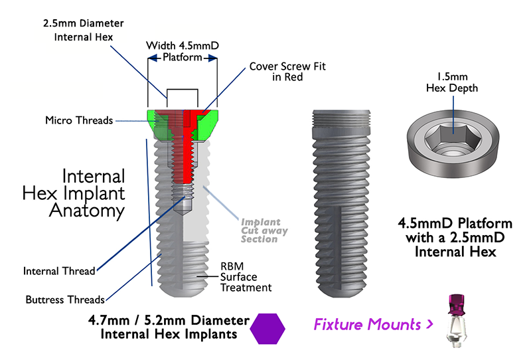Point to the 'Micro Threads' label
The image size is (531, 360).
pos(79,120)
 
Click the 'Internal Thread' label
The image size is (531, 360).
pos(59,271)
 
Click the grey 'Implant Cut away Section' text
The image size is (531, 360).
pos(260,230)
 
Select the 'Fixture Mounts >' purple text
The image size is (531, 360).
pos(374,325)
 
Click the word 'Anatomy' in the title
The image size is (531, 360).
pos(87,211)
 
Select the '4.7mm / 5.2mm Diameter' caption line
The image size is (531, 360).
pos(165,319)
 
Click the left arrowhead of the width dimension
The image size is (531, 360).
pos(149,58)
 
